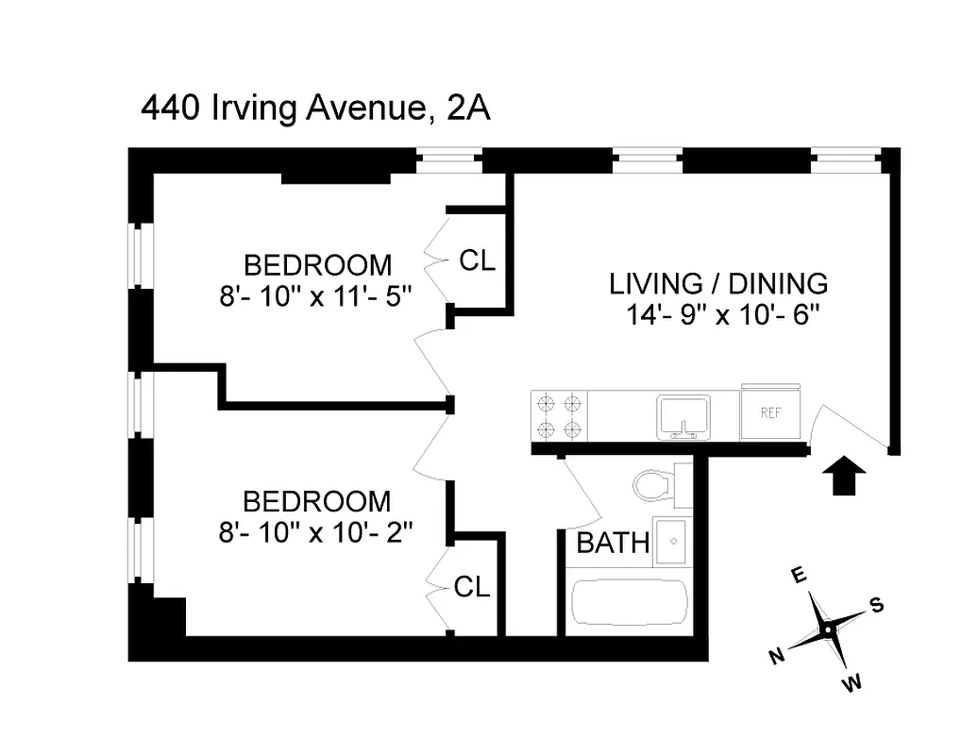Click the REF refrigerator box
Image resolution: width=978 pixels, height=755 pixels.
pyautogui.click(x=771, y=413)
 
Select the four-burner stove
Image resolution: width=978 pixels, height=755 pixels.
pyautogui.click(x=558, y=416)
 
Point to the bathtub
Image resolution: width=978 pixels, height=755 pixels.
pyautogui.click(x=630, y=602)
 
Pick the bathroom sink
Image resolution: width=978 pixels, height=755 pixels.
pyautogui.click(x=674, y=541)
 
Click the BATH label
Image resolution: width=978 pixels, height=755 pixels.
pyautogui.click(x=613, y=543)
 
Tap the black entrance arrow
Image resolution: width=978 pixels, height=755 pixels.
pyautogui.click(x=846, y=476)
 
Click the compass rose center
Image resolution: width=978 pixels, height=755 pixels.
pyautogui.click(x=827, y=629)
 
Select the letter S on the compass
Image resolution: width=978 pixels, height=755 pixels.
pyautogui.click(x=877, y=606)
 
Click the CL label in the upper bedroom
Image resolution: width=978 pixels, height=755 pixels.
pyautogui.click(x=477, y=261)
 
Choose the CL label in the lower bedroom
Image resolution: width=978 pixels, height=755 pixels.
pyautogui.click(x=472, y=587)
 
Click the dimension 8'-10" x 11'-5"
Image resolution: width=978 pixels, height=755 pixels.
pyautogui.click(x=317, y=294)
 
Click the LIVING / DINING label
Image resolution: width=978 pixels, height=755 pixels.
pyautogui.click(x=718, y=283)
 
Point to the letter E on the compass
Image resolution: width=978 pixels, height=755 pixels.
pyautogui.click(x=798, y=575)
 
